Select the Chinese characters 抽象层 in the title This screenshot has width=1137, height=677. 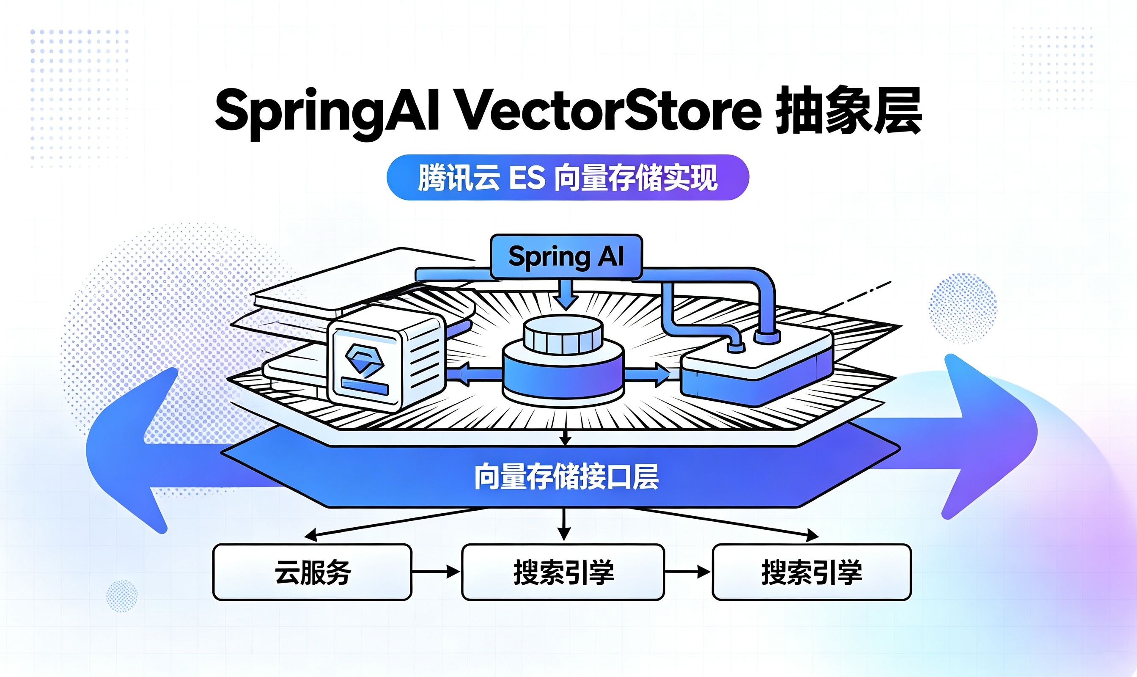click(x=849, y=110)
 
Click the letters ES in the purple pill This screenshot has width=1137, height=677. click(x=527, y=177)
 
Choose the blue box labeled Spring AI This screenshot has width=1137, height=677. click(x=566, y=256)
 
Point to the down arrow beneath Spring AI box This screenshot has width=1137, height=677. click(x=566, y=295)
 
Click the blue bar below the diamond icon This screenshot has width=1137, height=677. click(x=364, y=387)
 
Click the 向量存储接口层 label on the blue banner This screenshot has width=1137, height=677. click(x=566, y=477)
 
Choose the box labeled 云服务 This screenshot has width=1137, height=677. click(x=313, y=572)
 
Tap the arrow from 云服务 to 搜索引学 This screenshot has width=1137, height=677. click(x=436, y=572)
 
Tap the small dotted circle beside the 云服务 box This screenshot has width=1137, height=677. click(x=122, y=595)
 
